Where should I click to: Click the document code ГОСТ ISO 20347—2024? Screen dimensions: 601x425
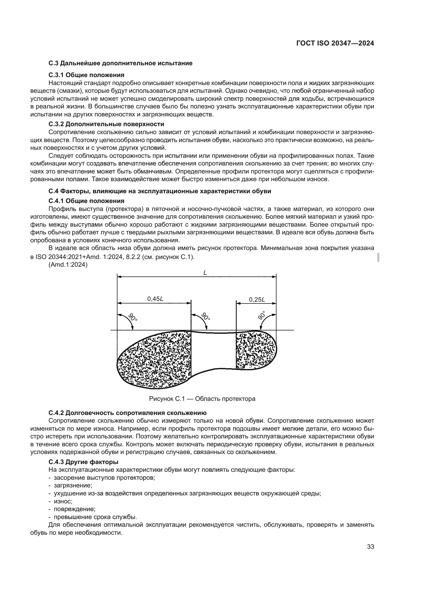tap(335, 43)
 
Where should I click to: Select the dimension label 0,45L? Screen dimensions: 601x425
tap(155, 299)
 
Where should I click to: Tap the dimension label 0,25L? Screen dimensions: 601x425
tap(257, 299)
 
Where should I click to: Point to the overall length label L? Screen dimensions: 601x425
tap(205, 272)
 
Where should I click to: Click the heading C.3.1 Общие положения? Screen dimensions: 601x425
tap(86, 75)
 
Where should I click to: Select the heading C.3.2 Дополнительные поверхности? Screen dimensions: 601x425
tap(106, 124)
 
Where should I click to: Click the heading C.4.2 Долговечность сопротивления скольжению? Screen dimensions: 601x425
tap(127, 413)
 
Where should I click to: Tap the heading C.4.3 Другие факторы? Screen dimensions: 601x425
tap(83, 462)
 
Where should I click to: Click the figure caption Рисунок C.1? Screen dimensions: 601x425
tap(202, 399)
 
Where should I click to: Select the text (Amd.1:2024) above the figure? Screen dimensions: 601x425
tap(68, 265)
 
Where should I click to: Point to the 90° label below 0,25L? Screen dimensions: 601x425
tap(261, 316)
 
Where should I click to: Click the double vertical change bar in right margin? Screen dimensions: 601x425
tap(379, 257)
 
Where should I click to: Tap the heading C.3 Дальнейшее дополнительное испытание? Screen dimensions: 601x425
tap(120, 63)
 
